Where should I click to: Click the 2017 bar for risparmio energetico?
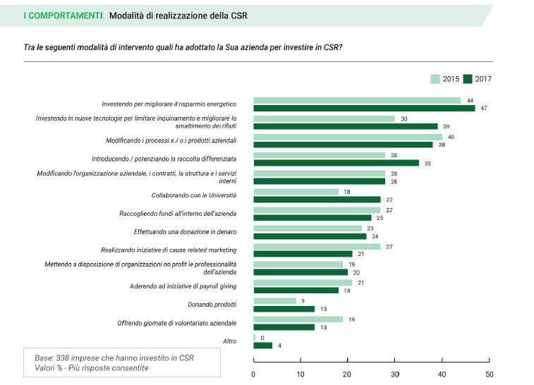tap(364, 109)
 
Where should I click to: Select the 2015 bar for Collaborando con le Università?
tap(296, 192)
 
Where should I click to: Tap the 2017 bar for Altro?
tap(262, 346)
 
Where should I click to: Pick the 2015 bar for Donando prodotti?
tap(274, 301)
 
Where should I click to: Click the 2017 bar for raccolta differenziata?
tap(336, 163)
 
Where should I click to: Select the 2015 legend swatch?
tap(435, 79)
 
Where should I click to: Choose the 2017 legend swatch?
tap(468, 79)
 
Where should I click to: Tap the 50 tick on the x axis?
tap(489, 374)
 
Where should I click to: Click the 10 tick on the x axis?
tap(301, 374)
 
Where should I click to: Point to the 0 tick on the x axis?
tap(253, 374)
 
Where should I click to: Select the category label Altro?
tap(228, 341)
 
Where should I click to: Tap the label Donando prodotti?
tap(210, 305)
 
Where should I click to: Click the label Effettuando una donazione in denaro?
tap(184, 231)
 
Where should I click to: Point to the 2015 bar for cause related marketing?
tap(317, 246)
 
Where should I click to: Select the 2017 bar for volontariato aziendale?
tap(284, 327)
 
